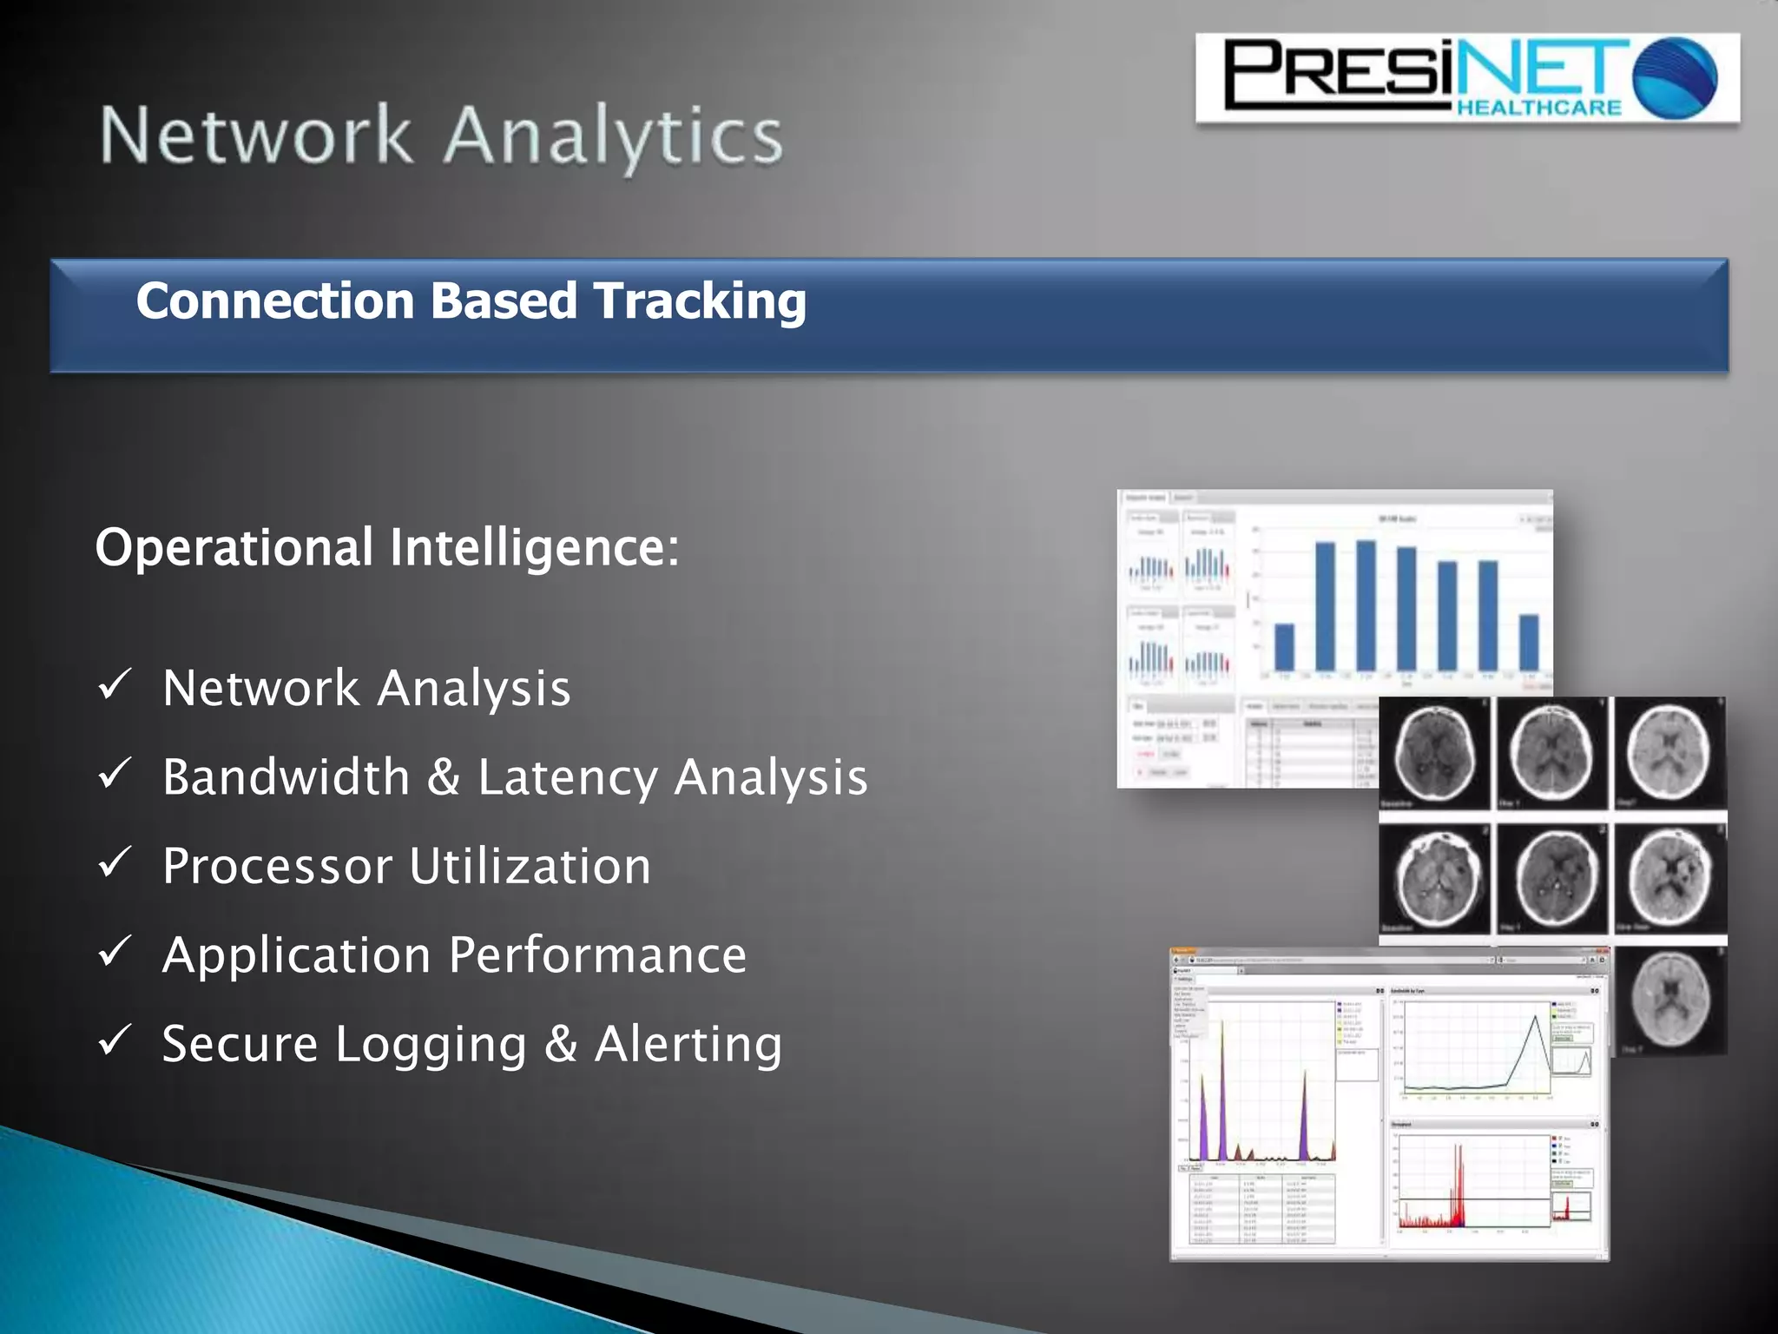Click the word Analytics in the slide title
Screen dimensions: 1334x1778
(x=613, y=136)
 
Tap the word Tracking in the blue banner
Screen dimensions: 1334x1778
(x=700, y=300)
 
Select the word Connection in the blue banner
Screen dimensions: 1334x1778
(x=275, y=300)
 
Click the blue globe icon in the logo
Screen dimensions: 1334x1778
(x=1675, y=78)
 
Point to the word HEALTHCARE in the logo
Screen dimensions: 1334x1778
(x=1538, y=108)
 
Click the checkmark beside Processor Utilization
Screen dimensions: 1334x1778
(x=115, y=862)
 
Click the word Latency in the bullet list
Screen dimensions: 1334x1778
(x=568, y=777)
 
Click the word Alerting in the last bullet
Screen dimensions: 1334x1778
(x=688, y=1044)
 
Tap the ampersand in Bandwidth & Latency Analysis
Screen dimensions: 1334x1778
(x=443, y=777)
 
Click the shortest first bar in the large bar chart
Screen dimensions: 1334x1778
(x=1284, y=647)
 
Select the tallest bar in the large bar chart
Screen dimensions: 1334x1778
(x=1366, y=605)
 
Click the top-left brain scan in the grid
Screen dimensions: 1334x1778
(x=1434, y=752)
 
